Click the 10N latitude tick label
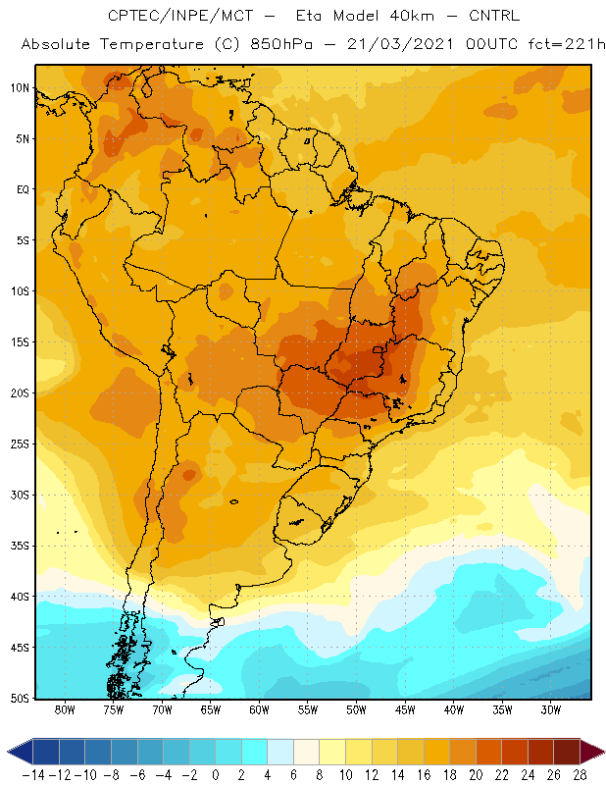point(20,88)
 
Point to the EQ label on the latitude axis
point(23,189)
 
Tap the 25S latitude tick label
point(20,445)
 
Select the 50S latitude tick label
point(20,699)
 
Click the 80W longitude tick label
point(65,709)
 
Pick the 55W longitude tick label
point(308,709)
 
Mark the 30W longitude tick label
point(551,709)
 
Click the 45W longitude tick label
point(405,709)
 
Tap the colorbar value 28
point(580,775)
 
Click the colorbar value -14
point(33,775)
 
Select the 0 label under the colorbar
point(215,775)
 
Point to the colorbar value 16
point(424,775)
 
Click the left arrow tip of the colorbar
point(8,752)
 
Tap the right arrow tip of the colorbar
point(604,752)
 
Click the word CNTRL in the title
point(494,16)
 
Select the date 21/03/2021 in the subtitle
point(400,44)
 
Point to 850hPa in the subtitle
point(281,44)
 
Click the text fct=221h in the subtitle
point(567,44)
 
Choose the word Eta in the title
point(309,16)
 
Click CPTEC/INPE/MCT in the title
point(180,16)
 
